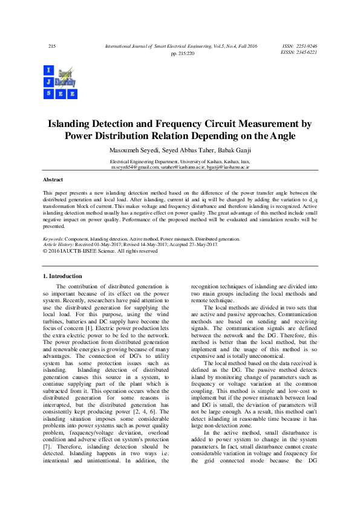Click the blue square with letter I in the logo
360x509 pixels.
[x=48, y=70]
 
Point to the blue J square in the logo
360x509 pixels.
[x=48, y=82]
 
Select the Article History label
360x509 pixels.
[x=62, y=245]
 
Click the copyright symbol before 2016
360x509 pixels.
[x=45, y=250]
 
